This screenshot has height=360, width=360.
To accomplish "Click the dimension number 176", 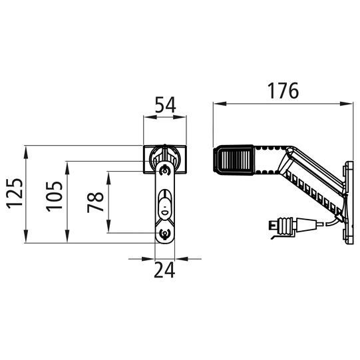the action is coord(283,90).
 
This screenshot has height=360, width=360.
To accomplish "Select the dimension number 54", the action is coord(165,105).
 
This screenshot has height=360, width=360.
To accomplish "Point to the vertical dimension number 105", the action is coord(55,196).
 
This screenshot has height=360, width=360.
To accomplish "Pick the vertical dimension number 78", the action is coord(96,202).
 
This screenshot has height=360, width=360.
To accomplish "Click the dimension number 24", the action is coord(164,270).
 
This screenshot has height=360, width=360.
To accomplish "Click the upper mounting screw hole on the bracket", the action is coord(164,170).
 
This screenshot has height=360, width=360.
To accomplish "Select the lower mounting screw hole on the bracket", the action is coord(164,234).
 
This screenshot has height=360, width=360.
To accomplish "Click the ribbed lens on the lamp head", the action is coord(234,160).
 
